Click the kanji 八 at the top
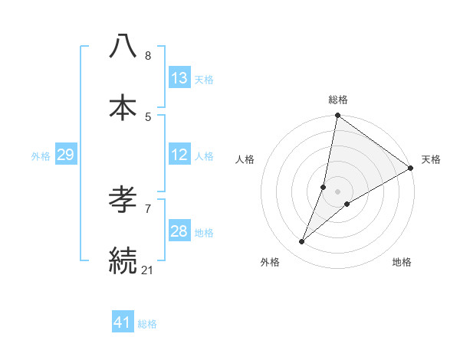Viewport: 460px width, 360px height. click(123, 47)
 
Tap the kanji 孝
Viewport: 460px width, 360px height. click(123, 201)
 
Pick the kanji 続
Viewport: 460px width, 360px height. click(123, 260)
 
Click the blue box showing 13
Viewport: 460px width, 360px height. click(179, 78)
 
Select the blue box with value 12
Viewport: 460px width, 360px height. click(179, 155)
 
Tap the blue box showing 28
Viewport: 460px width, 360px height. click(179, 231)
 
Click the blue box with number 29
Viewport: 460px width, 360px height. click(65, 155)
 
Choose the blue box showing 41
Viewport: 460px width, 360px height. click(123, 322)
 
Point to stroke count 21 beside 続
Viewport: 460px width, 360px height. click(148, 269)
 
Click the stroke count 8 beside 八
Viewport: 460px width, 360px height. click(148, 56)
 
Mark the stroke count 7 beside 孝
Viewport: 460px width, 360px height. click(148, 208)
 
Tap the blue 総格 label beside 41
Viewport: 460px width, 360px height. click(147, 324)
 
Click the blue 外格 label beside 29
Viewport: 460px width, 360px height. click(41, 156)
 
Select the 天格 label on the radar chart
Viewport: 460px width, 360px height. click(431, 159)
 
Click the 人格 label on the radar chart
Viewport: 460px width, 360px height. click(245, 159)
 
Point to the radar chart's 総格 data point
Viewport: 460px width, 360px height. click(337, 116)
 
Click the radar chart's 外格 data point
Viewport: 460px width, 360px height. click(302, 242)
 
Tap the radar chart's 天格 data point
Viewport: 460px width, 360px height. click(411, 169)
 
